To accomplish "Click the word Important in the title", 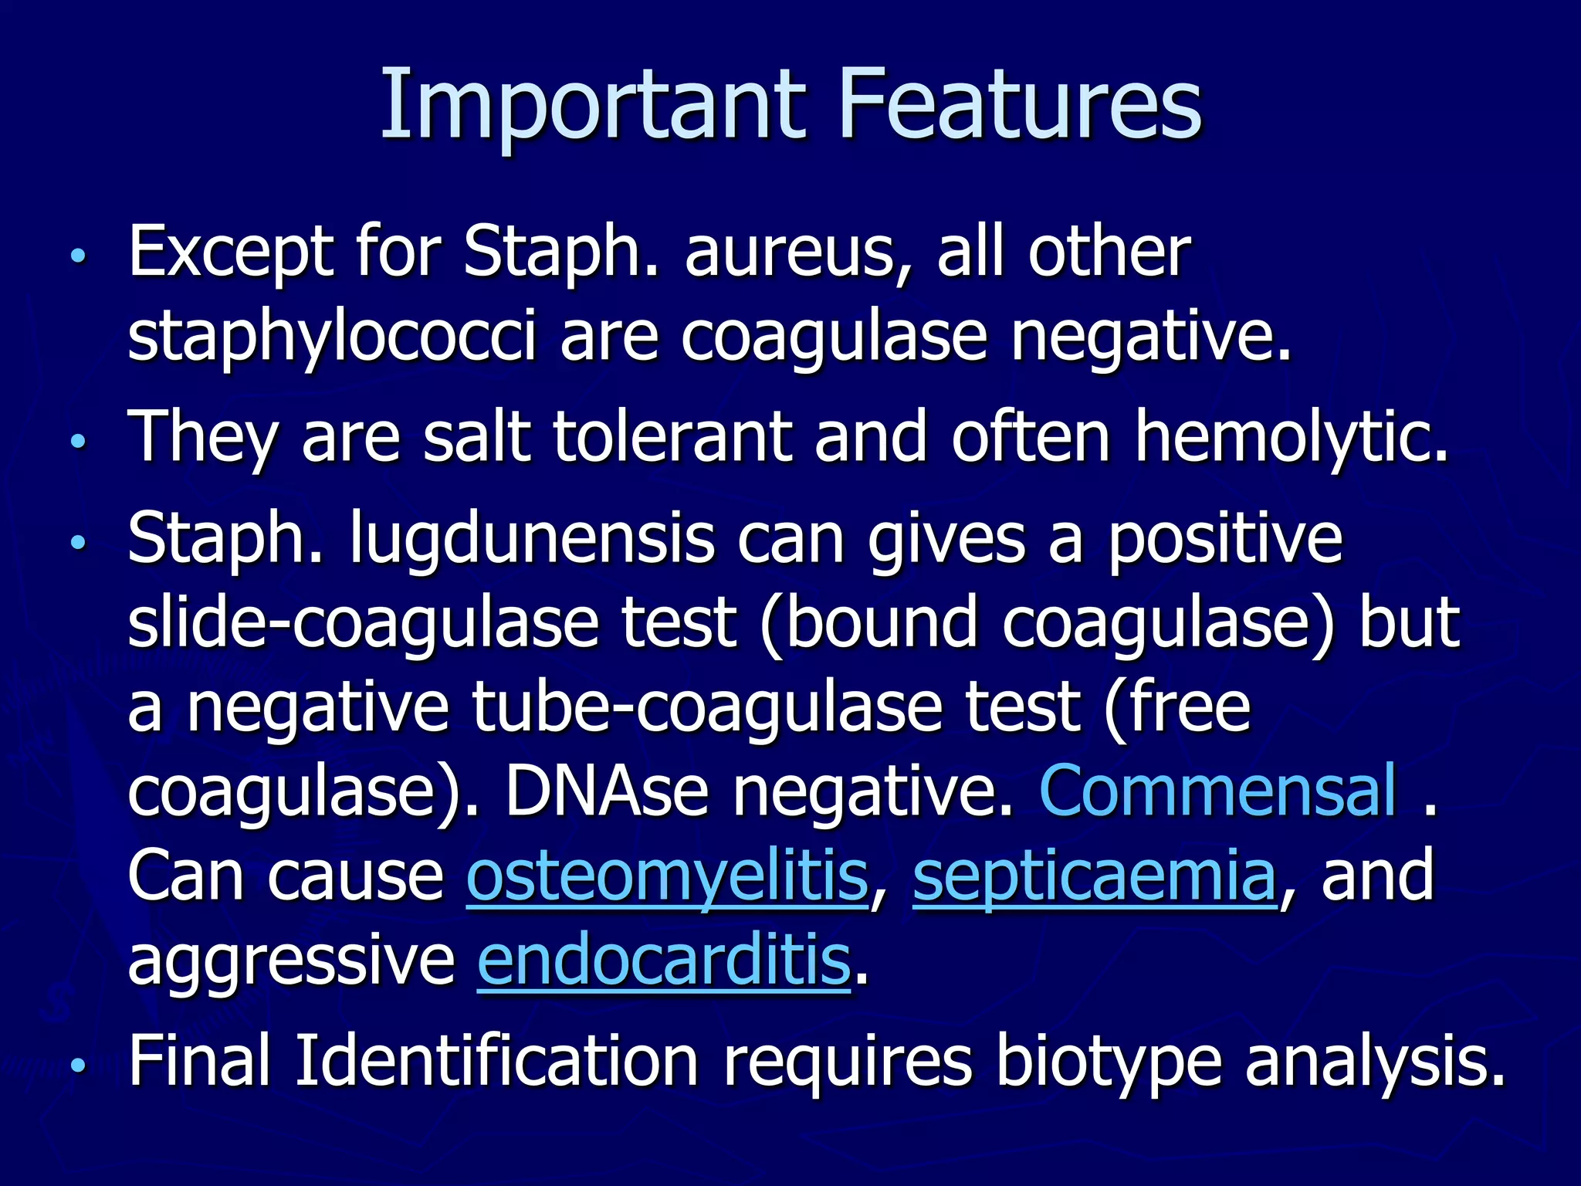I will point(593,104).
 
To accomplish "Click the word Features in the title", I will point(1021,104).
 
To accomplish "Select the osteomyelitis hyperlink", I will point(667,876).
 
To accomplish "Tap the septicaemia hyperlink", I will point(1094,876).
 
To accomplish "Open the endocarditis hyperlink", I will point(664,961).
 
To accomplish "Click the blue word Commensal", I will point(1218,791).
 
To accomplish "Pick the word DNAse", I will point(607,791).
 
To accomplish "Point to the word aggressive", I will point(291,961).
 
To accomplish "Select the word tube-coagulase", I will point(707,707).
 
